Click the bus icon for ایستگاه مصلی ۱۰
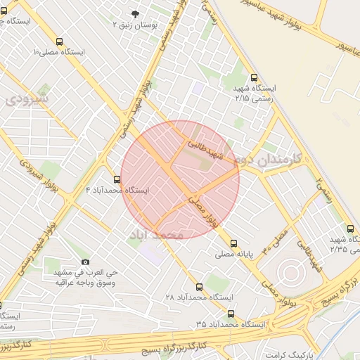click(58, 41)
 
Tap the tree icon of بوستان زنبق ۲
click(136, 13)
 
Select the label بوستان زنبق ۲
click(135, 24)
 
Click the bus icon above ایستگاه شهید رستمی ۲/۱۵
click(254, 78)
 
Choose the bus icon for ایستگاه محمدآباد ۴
click(117, 179)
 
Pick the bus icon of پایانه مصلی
click(234, 243)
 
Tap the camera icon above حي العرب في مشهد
click(86, 262)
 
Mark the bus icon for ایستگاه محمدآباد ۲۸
click(200, 287)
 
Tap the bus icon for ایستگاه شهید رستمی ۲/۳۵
click(350, 229)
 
